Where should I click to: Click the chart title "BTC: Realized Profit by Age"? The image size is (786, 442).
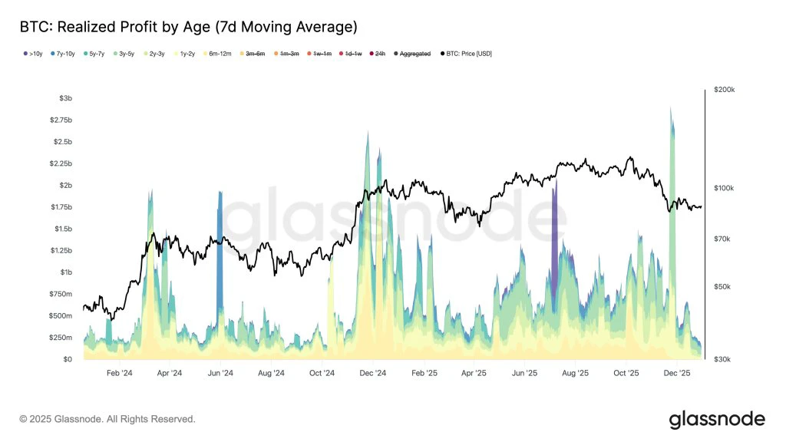[x=188, y=27]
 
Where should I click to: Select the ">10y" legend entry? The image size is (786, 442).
[x=31, y=54]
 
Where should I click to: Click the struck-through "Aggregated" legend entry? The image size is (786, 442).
[x=414, y=54]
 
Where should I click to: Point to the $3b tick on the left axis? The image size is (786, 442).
[x=66, y=98]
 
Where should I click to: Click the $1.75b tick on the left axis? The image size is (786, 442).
[x=62, y=207]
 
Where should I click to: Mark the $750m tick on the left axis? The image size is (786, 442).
[x=61, y=294]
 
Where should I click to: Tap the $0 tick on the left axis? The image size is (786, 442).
[x=67, y=359]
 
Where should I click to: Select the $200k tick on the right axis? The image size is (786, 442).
[x=724, y=90]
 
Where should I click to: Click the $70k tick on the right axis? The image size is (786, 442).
[x=722, y=239]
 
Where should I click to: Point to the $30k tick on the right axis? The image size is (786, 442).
[x=722, y=359]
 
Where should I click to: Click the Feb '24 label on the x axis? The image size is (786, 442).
[x=119, y=372]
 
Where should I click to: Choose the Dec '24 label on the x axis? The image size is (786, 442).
[x=372, y=372]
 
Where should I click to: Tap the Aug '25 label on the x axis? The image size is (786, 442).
[x=575, y=372]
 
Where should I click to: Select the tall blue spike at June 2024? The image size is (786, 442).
[x=220, y=246]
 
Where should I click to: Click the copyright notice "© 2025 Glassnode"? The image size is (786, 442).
[x=107, y=419]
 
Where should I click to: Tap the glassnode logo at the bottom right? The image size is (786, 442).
[x=716, y=419]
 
